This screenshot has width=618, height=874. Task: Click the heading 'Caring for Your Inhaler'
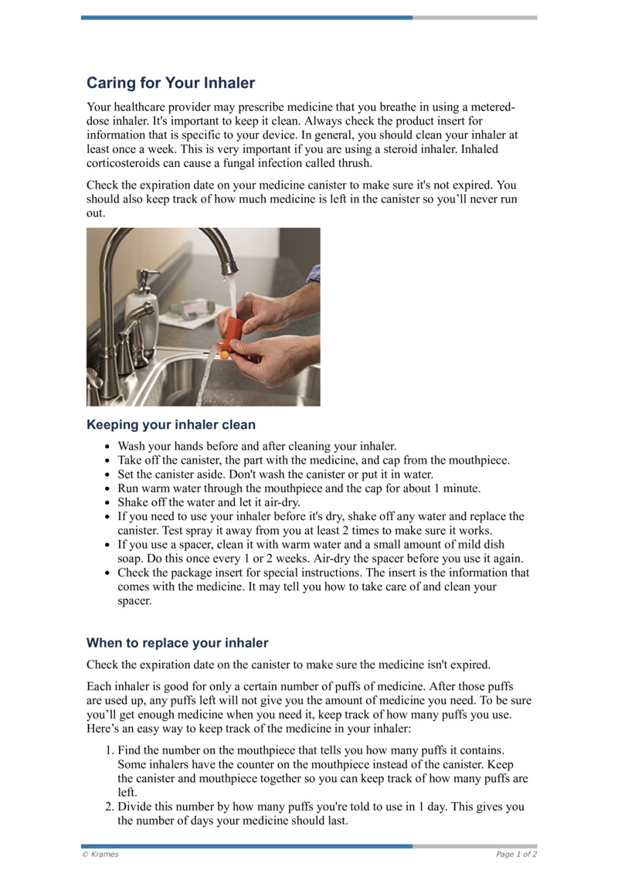pos(170,83)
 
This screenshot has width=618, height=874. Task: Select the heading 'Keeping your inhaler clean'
pos(171,424)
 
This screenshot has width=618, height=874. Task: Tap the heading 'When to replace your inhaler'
pos(177,642)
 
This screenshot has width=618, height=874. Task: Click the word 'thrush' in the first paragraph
pos(354,163)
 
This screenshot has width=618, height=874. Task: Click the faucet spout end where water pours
pos(228,268)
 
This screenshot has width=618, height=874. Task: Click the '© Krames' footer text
pos(100,854)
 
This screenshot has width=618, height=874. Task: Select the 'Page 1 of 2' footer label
pos(516,854)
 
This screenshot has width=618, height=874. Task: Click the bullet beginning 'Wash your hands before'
pos(256,446)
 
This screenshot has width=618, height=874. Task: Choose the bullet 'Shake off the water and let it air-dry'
pos(209,502)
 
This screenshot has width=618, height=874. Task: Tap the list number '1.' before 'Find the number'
pos(110,750)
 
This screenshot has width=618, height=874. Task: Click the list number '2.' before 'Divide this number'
pos(110,806)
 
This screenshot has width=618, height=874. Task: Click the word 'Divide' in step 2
pos(136,806)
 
